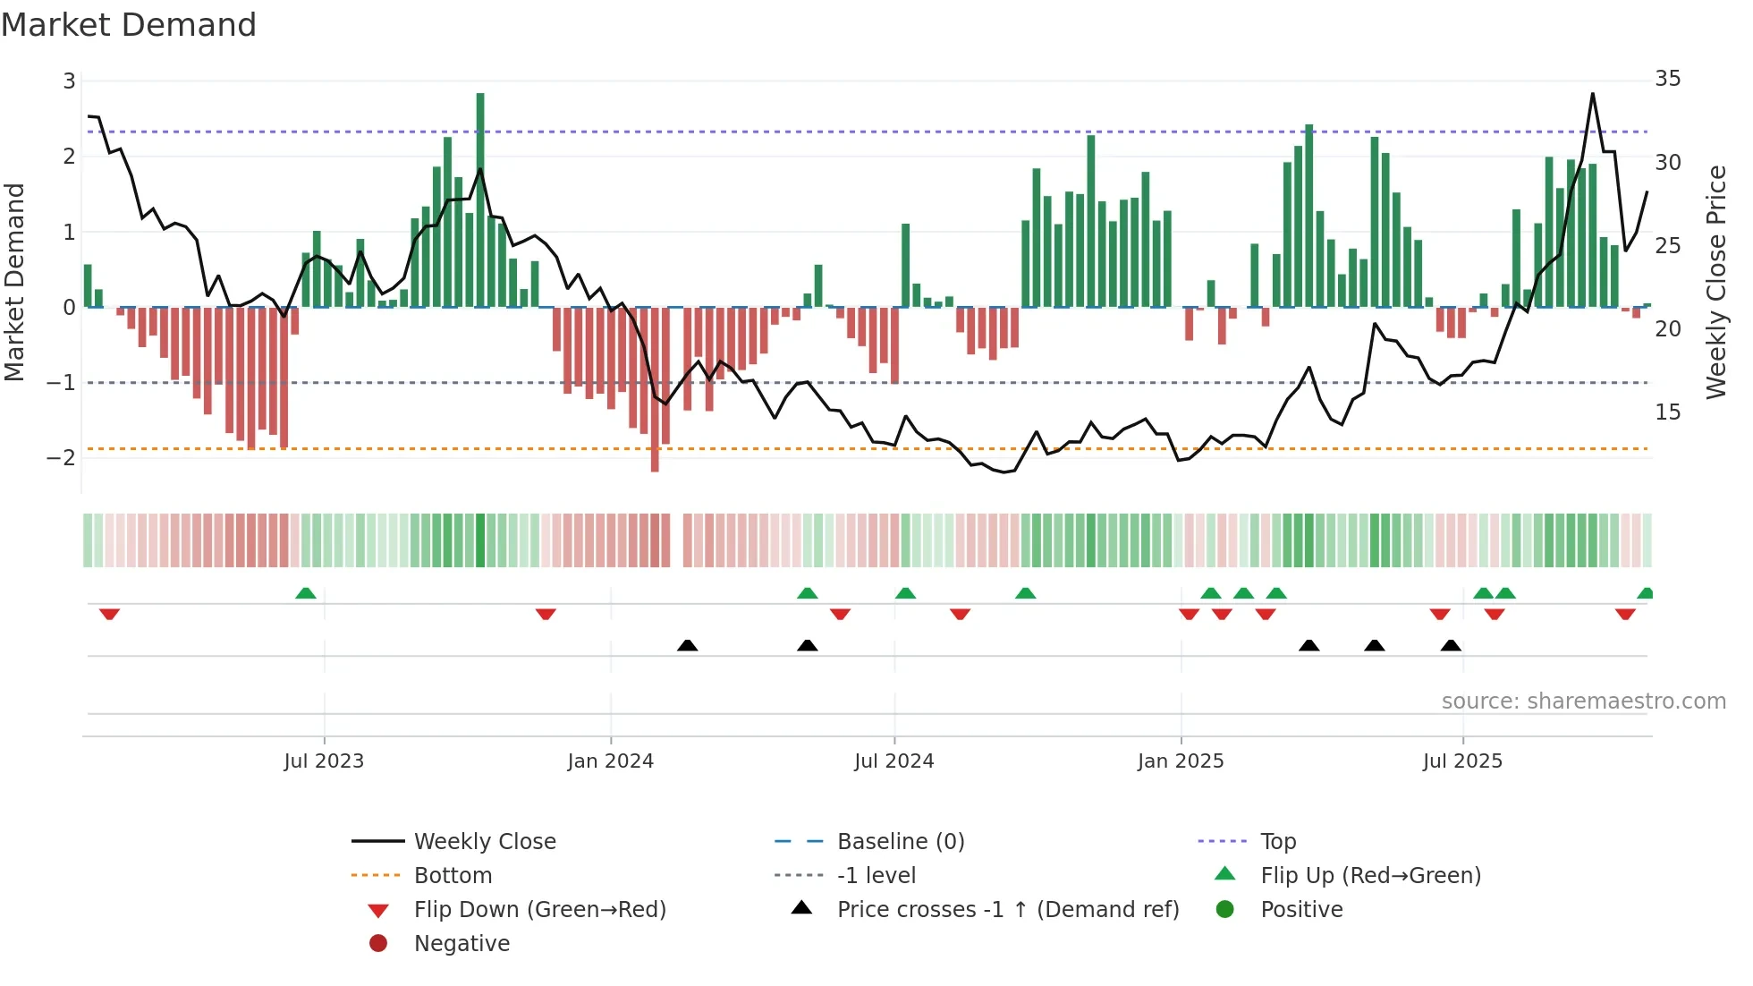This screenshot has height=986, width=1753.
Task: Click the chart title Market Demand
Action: point(129,25)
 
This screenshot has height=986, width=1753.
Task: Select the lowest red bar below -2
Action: point(655,394)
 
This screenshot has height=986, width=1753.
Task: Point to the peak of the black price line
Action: point(1593,94)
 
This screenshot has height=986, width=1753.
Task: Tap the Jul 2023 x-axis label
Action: point(324,761)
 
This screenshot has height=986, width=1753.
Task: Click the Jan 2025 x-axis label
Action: point(1181,761)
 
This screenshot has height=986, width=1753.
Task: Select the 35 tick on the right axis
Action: point(1667,79)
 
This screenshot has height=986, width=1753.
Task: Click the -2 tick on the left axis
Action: point(62,457)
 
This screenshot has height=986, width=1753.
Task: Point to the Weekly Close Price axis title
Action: point(1715,282)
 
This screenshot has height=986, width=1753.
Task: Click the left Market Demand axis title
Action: point(14,282)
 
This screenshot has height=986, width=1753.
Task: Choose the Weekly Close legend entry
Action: point(484,842)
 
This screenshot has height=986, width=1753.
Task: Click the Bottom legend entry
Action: point(453,876)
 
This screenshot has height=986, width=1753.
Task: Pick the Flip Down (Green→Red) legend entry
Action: point(539,910)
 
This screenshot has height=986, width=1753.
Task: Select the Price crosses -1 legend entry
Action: point(1007,910)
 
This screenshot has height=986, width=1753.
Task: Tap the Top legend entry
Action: point(1278,842)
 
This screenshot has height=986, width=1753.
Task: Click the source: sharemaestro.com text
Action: point(1583,701)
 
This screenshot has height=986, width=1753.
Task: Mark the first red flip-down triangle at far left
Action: point(109,614)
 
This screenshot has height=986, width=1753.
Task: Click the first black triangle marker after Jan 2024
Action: point(687,645)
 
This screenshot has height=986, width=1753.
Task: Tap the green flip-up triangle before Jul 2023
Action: point(306,593)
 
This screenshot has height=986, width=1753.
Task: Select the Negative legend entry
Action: point(462,944)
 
